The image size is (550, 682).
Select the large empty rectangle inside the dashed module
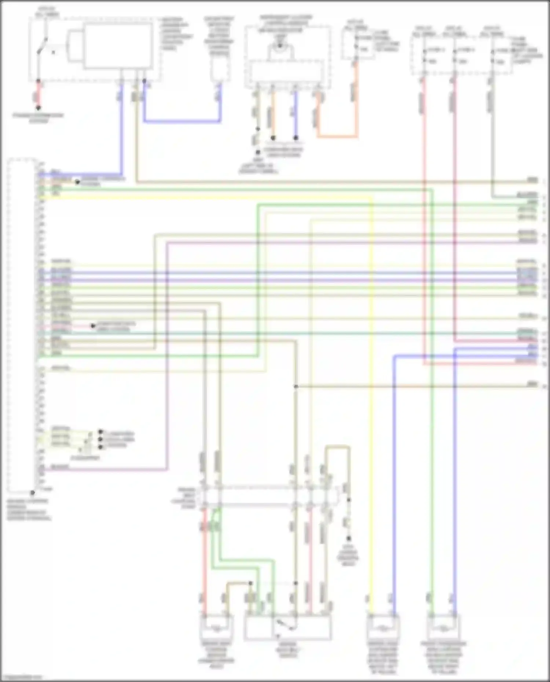click(x=118, y=45)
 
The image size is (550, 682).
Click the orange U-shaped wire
click(x=337, y=136)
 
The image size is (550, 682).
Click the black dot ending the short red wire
click(x=38, y=108)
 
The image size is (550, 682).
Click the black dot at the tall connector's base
click(x=33, y=493)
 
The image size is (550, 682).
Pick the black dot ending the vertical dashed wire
click(x=349, y=538)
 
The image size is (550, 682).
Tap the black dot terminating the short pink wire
click(x=93, y=326)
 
